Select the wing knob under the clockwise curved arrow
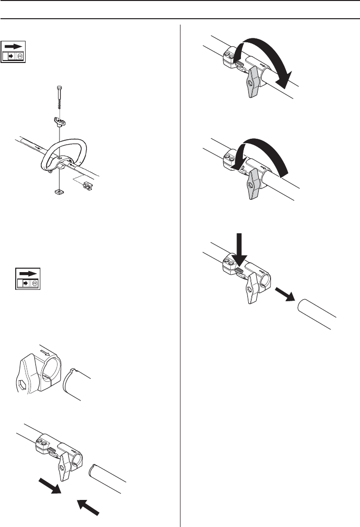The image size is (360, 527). click(255, 82)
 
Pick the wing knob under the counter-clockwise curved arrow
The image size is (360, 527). click(255, 186)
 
